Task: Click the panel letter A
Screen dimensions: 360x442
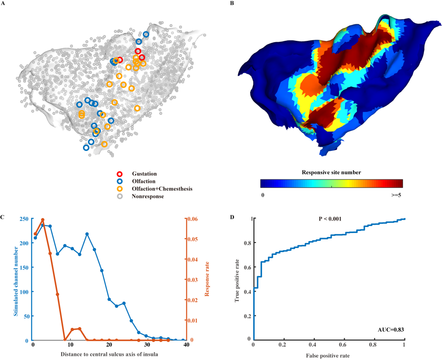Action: click(x=4, y=4)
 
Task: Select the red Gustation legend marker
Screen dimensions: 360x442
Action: click(x=120, y=174)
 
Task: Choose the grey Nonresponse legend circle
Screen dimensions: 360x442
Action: click(x=120, y=196)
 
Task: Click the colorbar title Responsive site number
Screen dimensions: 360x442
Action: click(x=331, y=172)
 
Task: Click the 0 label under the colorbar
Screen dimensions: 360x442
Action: click(x=262, y=194)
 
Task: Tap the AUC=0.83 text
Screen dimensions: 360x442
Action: click(x=390, y=329)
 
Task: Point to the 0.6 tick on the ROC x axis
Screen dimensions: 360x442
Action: click(x=344, y=344)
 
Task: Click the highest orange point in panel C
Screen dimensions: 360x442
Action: click(x=43, y=220)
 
